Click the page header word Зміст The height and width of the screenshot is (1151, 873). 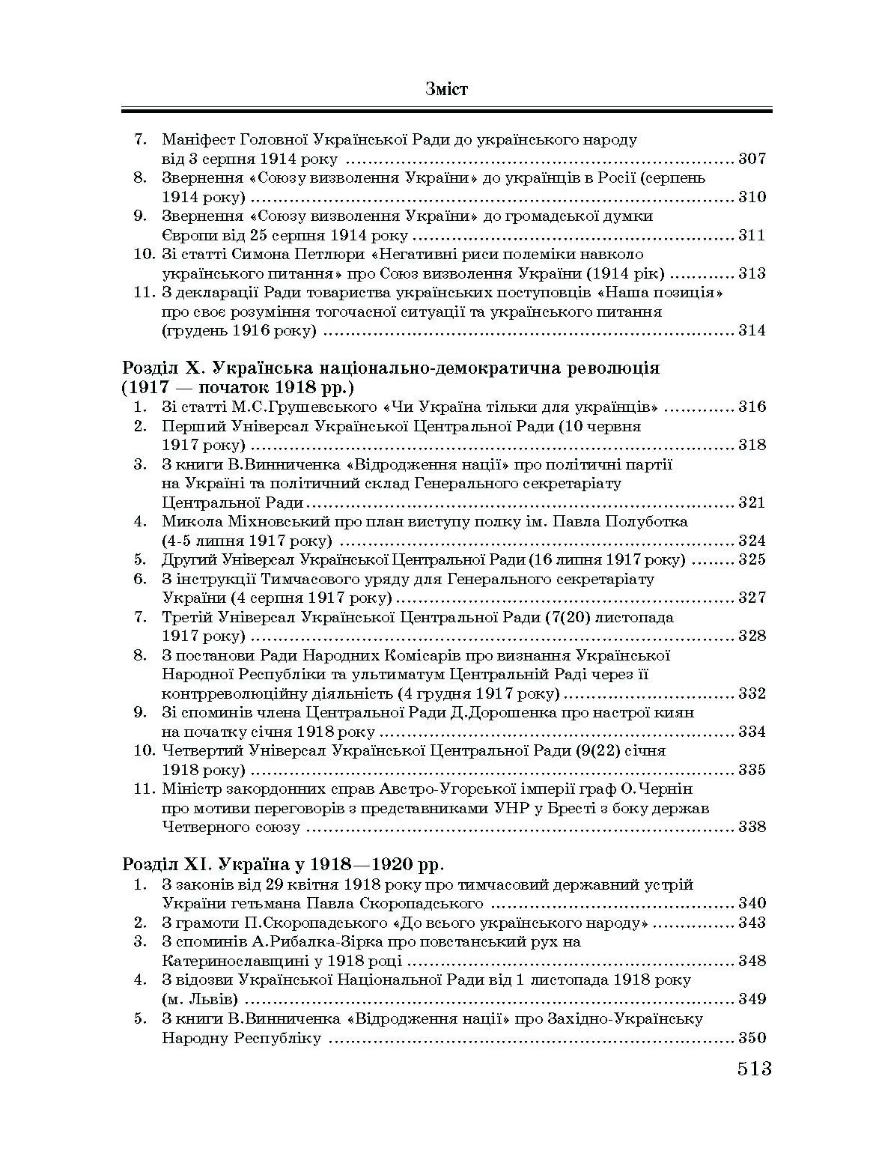pos(446,90)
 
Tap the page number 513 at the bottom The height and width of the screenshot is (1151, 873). pos(753,1069)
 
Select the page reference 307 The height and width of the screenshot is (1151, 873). pos(752,159)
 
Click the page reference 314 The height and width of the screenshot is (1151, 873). pos(752,330)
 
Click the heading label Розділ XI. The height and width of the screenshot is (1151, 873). pos(168,864)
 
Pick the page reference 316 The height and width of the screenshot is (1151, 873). pos(752,407)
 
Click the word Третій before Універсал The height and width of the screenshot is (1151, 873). pos(185,617)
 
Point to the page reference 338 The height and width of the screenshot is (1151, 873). pos(752,827)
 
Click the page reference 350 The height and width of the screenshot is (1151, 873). pos(752,1038)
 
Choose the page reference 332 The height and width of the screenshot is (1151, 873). pos(752,693)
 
